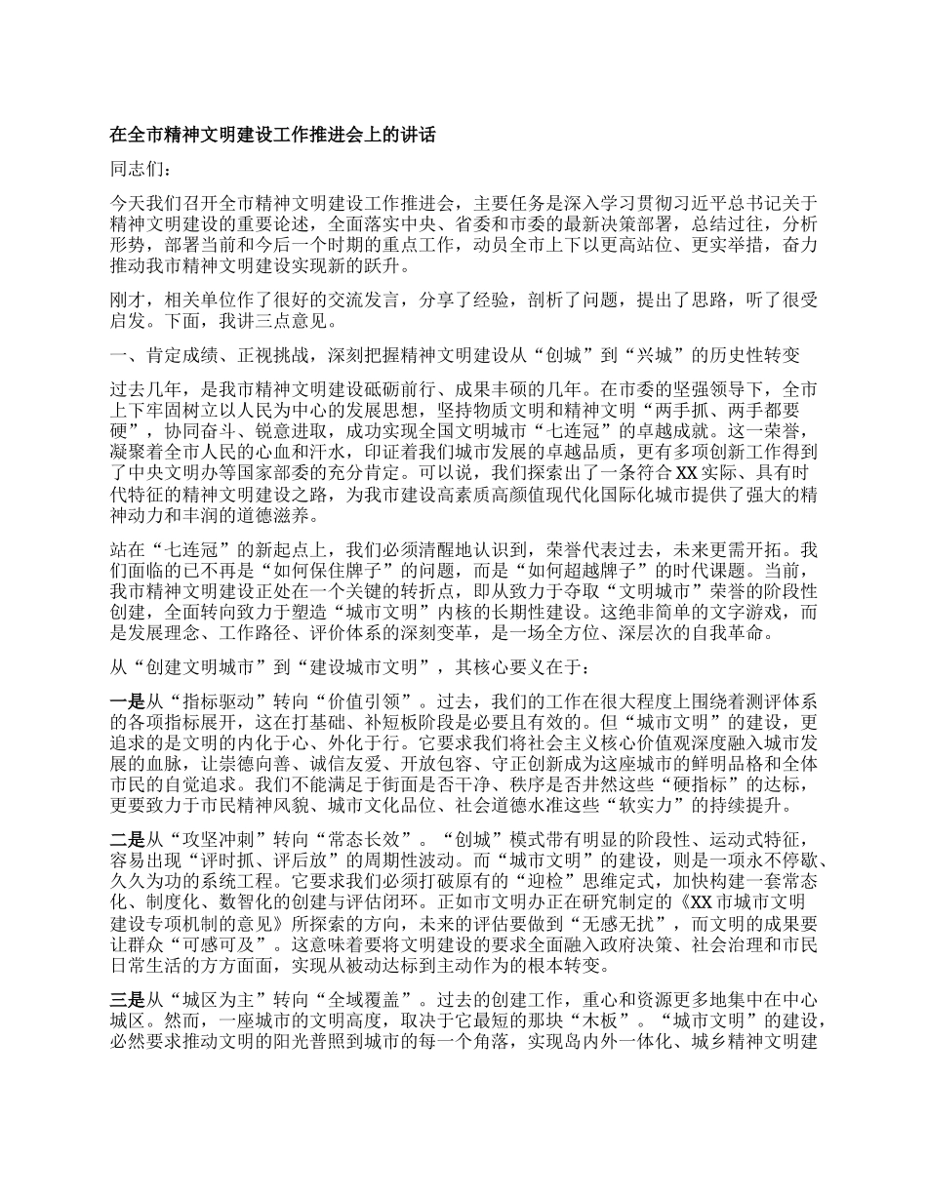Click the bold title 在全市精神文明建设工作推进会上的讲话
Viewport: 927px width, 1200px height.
point(273,137)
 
